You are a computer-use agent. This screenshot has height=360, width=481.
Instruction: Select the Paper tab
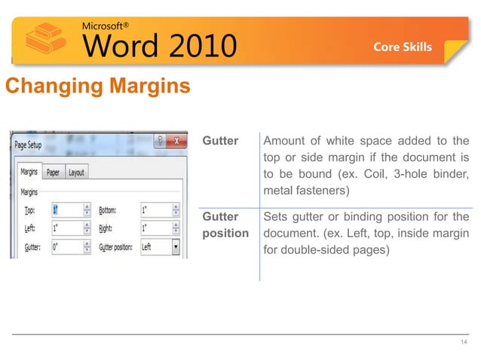coord(53,172)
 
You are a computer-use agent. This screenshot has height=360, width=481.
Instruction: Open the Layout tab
coord(76,172)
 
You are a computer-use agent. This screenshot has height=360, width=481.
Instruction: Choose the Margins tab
coord(29,172)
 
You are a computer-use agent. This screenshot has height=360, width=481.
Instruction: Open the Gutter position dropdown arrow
coord(176,246)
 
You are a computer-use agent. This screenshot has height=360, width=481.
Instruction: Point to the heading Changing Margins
coord(97,87)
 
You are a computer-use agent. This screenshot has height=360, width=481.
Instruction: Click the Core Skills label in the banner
coord(403,47)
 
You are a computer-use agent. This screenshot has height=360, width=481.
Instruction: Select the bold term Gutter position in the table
coord(225,225)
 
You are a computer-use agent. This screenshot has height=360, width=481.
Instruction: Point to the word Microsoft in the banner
coord(106,24)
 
